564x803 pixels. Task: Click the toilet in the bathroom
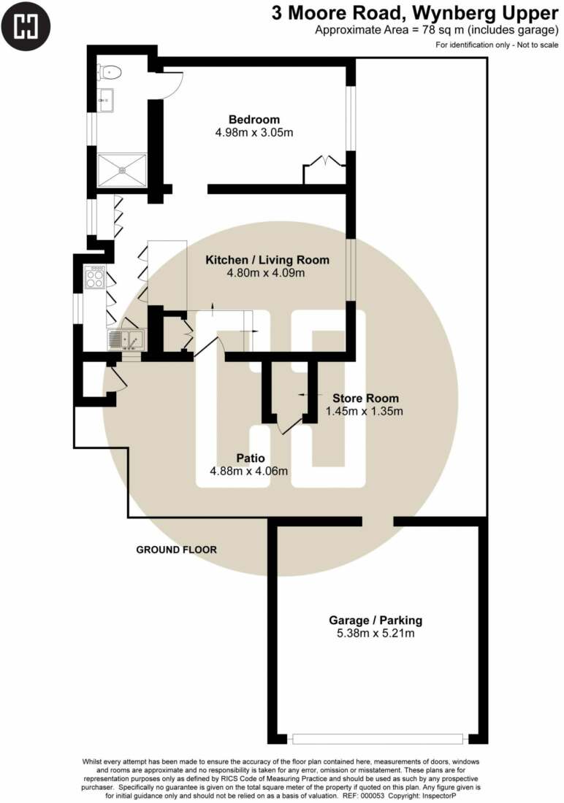[110, 73]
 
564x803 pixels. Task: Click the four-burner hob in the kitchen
[95, 277]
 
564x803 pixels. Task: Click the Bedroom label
[254, 119]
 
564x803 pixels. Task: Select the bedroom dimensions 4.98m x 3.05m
[254, 133]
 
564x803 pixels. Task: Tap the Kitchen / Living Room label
[267, 260]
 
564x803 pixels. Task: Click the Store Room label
[365, 398]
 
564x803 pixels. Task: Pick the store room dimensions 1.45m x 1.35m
[365, 411]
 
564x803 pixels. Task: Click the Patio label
[251, 458]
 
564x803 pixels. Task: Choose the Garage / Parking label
[376, 620]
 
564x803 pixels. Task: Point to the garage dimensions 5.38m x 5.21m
[376, 634]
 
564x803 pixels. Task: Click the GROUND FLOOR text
[176, 550]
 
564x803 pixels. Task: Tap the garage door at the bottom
[378, 739]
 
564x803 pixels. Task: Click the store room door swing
[290, 426]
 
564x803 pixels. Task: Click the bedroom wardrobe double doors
[324, 160]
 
